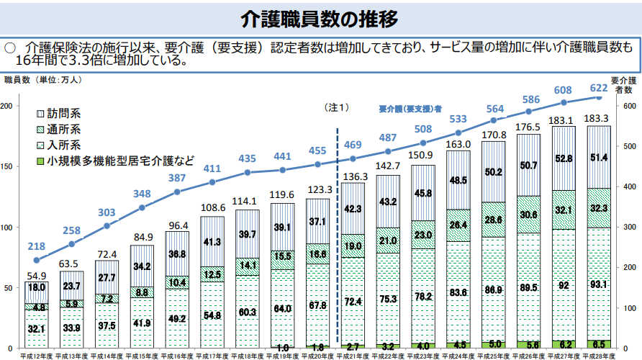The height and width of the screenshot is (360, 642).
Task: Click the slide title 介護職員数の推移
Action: coord(321,17)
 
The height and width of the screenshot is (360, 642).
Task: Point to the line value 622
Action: coord(598,88)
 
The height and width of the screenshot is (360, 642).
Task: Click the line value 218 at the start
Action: coord(36,246)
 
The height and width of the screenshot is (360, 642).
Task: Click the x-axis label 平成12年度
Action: coord(36,355)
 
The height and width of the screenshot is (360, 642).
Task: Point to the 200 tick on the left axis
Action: coord(7,106)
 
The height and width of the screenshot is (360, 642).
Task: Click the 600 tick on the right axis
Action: coord(629,106)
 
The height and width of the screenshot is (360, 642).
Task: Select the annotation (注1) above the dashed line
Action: coord(338,107)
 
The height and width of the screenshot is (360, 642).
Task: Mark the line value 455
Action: coord(317,150)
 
